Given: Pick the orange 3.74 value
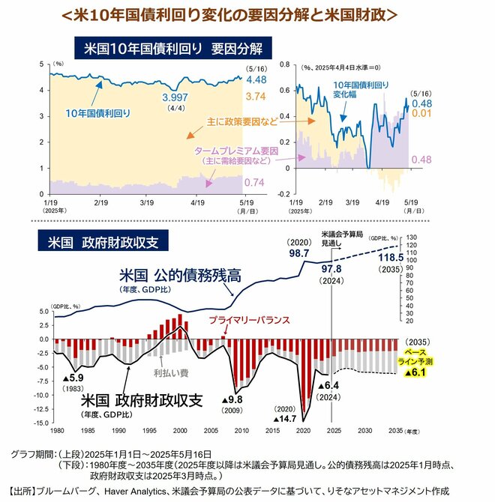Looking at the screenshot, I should click(x=255, y=97).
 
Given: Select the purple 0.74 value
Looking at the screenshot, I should click(x=254, y=183).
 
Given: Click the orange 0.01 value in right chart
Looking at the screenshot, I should click(x=420, y=113).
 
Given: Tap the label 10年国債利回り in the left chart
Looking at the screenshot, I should click(x=98, y=114).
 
